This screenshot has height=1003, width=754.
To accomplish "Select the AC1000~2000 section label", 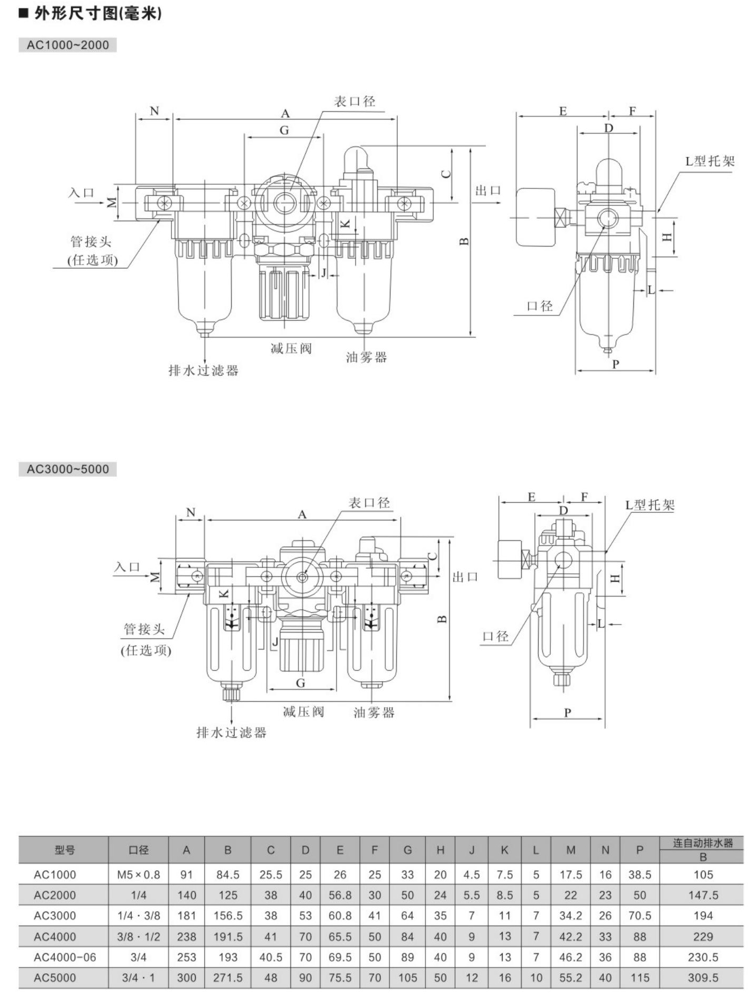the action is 68,45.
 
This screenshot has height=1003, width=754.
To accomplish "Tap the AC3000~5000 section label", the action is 68,469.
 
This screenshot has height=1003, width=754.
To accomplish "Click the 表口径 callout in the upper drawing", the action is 355,101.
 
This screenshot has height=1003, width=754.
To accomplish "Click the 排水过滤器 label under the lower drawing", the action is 231,733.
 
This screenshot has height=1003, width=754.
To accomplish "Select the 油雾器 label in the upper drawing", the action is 367,357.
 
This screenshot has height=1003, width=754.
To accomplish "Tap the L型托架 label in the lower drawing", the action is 650,505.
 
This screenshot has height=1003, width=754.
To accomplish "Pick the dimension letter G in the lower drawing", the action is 301,683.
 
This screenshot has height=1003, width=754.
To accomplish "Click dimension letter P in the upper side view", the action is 615,364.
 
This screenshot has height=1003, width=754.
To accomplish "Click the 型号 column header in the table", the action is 65,850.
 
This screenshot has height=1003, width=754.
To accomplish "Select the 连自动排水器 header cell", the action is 703,843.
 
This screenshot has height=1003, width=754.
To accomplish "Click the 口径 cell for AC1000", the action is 139,875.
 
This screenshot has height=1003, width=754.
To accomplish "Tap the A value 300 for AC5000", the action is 186,978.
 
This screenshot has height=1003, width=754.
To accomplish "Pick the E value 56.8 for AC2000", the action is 340,895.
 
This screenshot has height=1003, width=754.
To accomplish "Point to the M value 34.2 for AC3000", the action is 570,916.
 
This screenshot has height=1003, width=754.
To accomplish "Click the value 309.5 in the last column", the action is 703,978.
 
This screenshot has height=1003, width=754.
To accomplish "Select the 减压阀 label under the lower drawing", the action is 304,711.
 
